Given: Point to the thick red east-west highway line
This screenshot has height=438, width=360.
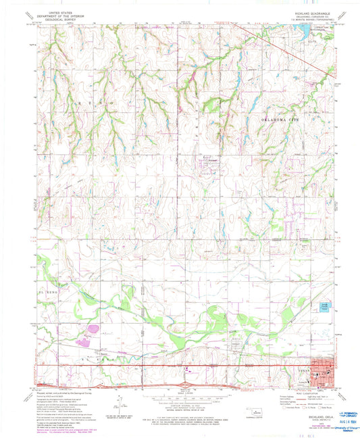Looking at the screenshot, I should pyautogui.click(x=169, y=368).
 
